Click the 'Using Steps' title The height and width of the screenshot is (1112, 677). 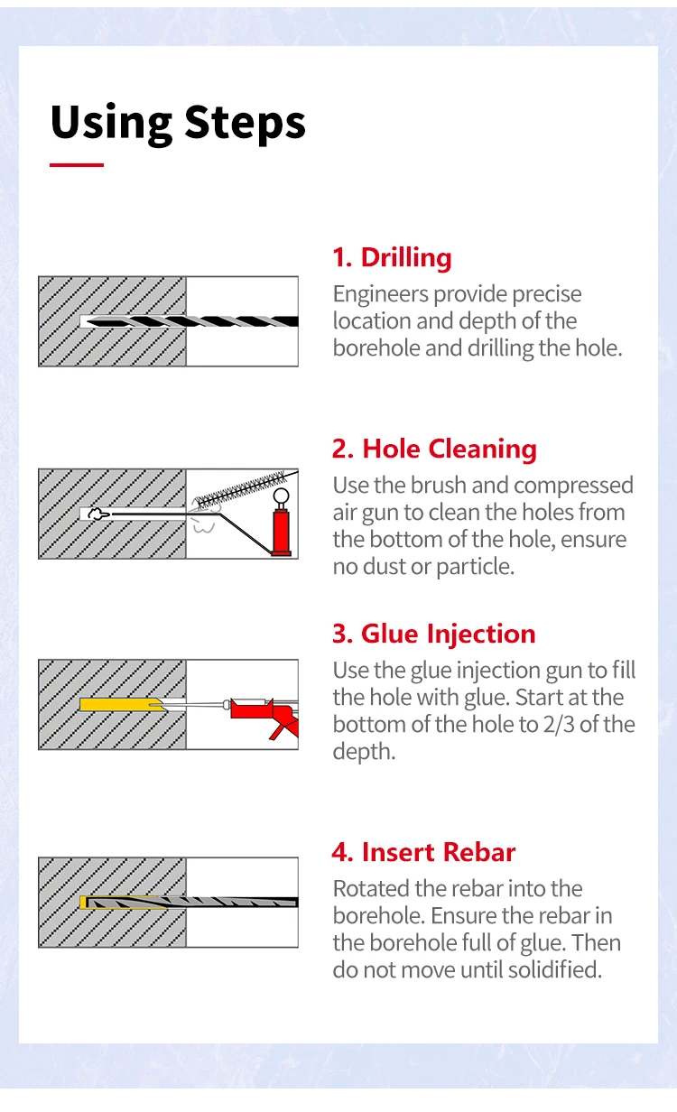(178, 123)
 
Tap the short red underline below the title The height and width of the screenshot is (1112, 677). (77, 165)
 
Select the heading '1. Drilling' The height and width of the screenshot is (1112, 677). (392, 257)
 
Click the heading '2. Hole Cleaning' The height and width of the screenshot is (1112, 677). (434, 449)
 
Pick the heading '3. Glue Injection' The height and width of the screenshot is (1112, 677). (433, 634)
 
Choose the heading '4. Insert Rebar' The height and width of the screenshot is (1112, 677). (423, 852)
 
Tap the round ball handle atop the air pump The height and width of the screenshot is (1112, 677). (281, 496)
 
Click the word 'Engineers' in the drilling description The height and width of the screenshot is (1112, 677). (380, 294)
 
